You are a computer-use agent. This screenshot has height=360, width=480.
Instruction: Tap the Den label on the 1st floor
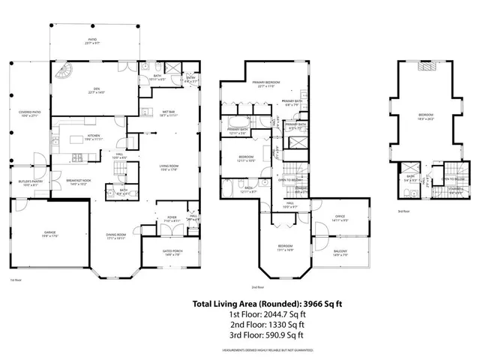point(94,89)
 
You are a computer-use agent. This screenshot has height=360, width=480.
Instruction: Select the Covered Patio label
point(29,114)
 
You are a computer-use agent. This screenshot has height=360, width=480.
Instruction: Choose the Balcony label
point(341,253)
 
